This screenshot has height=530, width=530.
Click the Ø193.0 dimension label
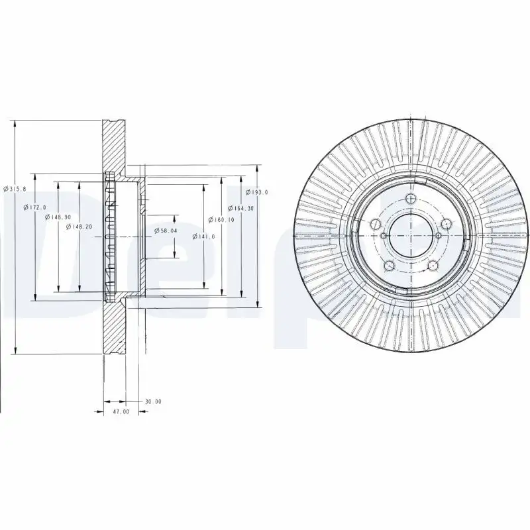coord(256,192)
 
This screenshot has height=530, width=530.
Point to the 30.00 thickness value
coord(153,401)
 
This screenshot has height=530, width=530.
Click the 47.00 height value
coord(121,412)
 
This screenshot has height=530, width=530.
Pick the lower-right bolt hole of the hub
coord(432,266)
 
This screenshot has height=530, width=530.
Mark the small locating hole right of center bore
coord(438,235)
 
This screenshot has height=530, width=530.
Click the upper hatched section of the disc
coord(114,146)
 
